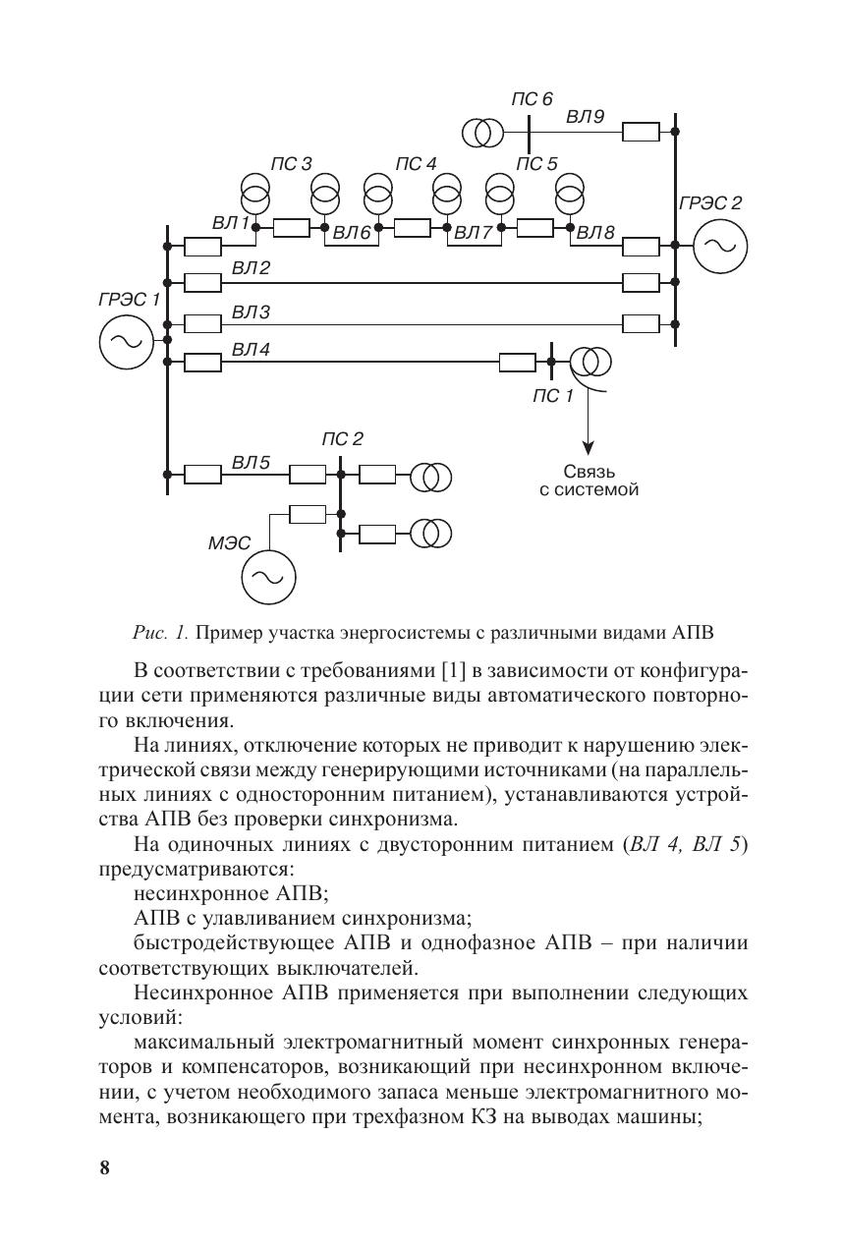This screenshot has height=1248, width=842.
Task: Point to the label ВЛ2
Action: tap(251, 268)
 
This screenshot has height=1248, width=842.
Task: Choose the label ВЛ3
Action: tap(251, 311)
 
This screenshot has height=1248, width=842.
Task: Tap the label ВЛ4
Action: tap(251, 350)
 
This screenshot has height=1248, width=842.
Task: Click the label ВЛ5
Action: tap(251, 461)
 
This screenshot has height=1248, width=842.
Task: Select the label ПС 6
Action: tap(532, 99)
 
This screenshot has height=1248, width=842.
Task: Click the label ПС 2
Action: tap(342, 438)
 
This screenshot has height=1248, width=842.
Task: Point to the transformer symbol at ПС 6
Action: tap(483, 132)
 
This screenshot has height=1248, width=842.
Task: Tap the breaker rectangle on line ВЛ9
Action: tap(642, 132)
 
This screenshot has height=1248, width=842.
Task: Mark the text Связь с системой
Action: tap(589, 480)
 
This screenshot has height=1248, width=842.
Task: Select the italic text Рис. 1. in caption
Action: tap(162, 630)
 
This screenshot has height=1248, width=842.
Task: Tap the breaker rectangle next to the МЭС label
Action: tap(308, 512)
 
